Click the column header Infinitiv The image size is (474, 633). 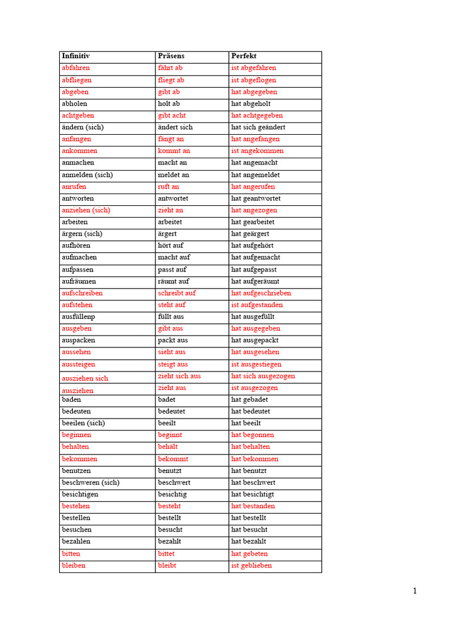click(75, 56)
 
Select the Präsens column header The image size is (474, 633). click(171, 56)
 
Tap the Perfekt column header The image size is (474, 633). click(244, 56)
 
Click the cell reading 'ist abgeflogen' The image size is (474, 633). click(254, 80)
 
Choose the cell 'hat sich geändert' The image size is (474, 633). click(258, 127)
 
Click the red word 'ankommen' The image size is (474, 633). click(80, 151)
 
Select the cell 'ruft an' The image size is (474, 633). click(168, 187)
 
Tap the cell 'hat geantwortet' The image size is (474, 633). click(256, 198)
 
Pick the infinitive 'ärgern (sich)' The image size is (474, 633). click(82, 234)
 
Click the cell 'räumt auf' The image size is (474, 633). click(173, 281)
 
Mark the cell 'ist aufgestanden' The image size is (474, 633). click(257, 305)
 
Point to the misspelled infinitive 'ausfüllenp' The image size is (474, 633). click(78, 316)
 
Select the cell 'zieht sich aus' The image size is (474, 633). click(179, 376)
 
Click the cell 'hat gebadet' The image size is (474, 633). click(249, 399)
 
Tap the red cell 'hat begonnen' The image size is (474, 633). click(252, 435)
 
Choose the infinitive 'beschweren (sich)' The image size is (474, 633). click(91, 482)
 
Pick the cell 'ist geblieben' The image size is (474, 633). click(251, 566)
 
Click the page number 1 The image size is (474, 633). click(415, 591)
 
